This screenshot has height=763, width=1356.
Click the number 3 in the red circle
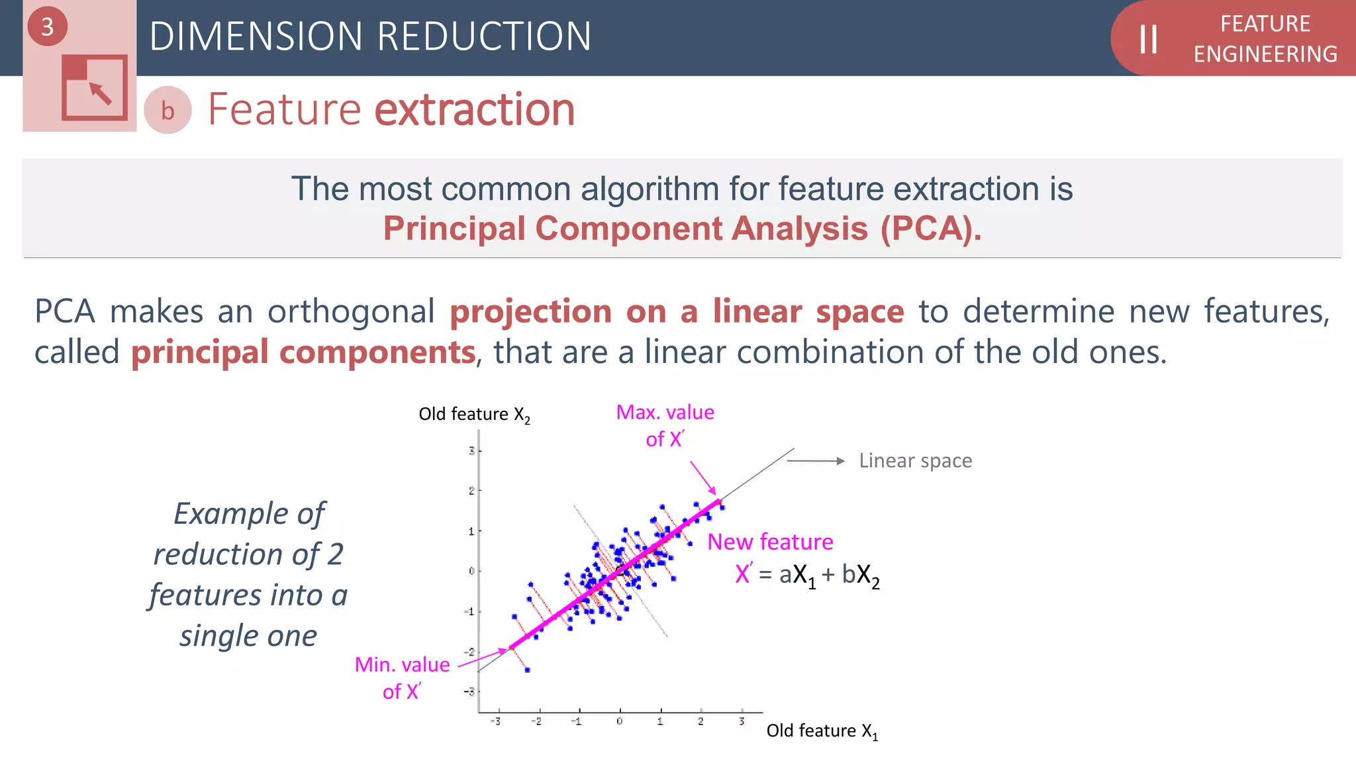pyautogui.click(x=47, y=27)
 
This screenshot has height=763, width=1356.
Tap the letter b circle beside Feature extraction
pyautogui.click(x=168, y=111)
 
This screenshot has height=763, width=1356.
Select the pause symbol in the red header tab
pyautogui.click(x=1148, y=39)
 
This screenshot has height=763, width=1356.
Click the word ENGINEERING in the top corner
pyautogui.click(x=1265, y=54)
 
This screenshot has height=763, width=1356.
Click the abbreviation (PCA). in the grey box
pyautogui.click(x=930, y=229)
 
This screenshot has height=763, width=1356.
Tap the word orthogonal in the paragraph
pyautogui.click(x=351, y=311)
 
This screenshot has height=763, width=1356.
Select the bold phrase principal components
pyautogui.click(x=303, y=352)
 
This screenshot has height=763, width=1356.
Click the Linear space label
pyautogui.click(x=915, y=461)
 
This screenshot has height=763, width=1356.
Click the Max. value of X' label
pyautogui.click(x=665, y=425)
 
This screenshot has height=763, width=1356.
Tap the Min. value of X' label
pyautogui.click(x=402, y=678)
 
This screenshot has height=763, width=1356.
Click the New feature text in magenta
pyautogui.click(x=770, y=542)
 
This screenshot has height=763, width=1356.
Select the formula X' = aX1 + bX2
pyautogui.click(x=807, y=574)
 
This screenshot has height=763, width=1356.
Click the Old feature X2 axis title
pyautogui.click(x=474, y=415)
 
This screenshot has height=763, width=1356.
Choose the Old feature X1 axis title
pyautogui.click(x=822, y=731)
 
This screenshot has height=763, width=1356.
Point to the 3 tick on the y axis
pyautogui.click(x=471, y=451)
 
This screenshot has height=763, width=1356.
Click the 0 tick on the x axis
pyautogui.click(x=619, y=721)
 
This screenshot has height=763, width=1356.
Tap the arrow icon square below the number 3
pyautogui.click(x=95, y=87)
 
